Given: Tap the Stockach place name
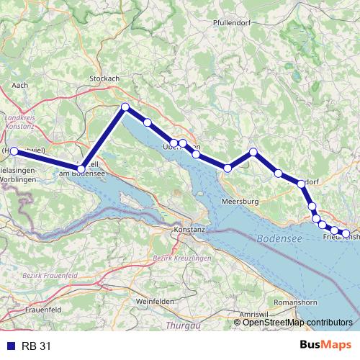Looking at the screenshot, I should coord(104,78).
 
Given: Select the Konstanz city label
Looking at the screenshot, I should coord(189,229).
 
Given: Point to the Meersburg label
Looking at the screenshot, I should coord(240,201).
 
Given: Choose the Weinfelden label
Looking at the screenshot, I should coord(153,300).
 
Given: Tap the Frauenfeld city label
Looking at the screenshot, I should coord(24,309).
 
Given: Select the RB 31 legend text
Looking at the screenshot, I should coord(36,346).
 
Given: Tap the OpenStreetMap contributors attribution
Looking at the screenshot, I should coord(297,322).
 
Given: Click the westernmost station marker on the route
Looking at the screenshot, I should coord(14,150).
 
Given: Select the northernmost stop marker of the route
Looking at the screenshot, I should coord(125,107).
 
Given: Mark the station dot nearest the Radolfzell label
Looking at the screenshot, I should coord(81,168).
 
